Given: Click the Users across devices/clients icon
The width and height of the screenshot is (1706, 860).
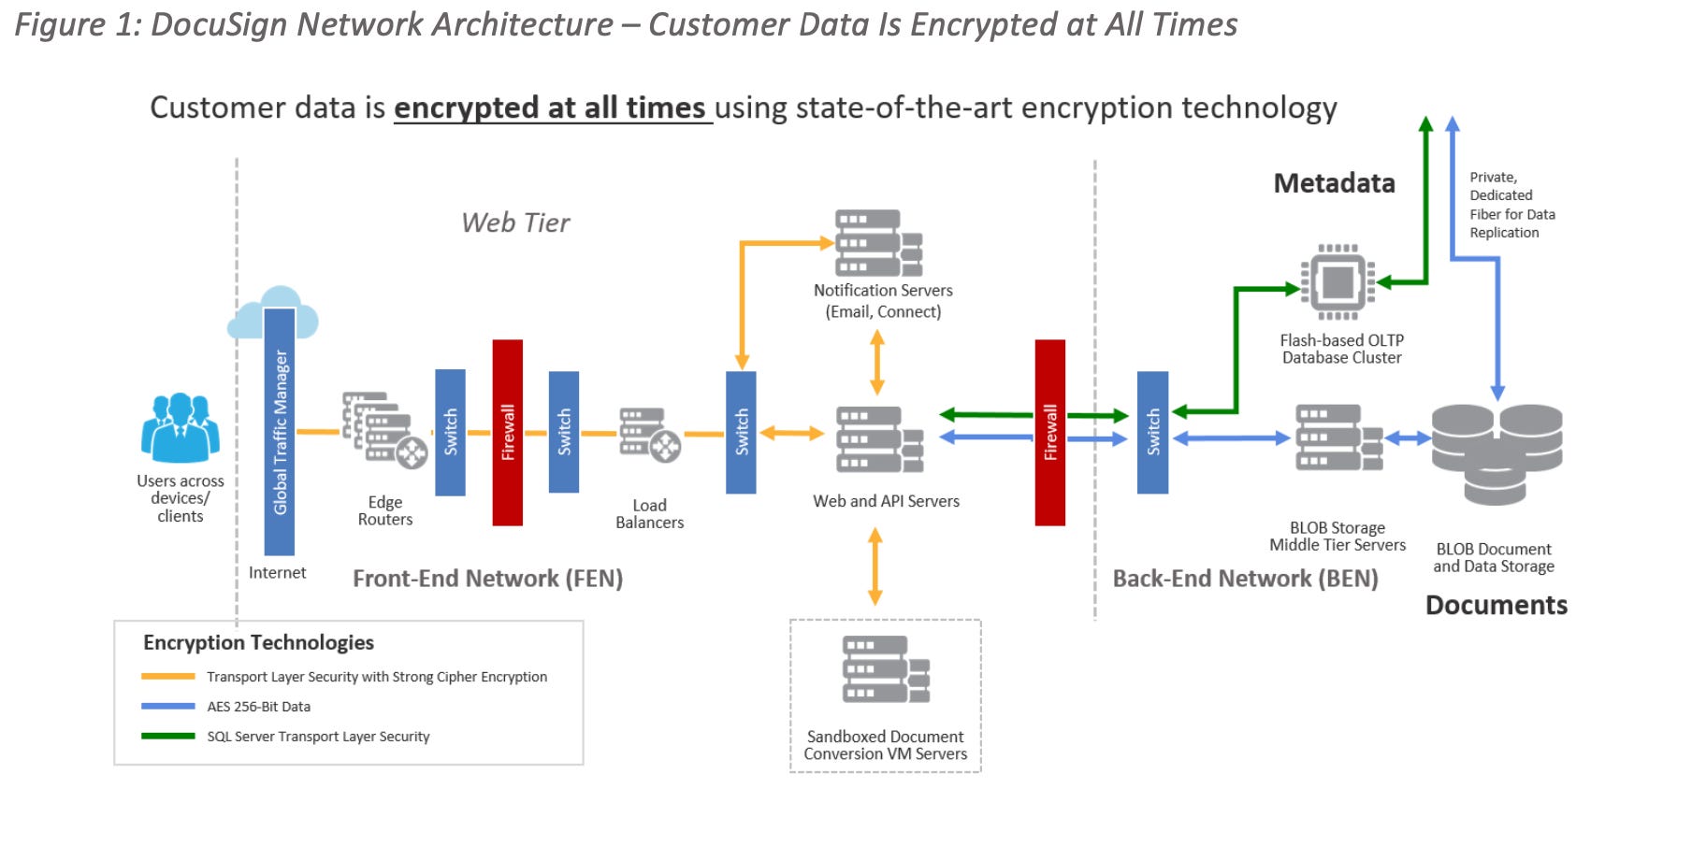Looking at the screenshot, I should point(181,428).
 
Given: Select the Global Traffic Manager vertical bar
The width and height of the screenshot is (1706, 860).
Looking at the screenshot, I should point(280,432).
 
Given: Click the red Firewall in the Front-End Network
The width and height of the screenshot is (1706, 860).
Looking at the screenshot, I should point(508,432).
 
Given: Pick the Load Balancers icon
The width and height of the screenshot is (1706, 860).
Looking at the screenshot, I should point(649,434).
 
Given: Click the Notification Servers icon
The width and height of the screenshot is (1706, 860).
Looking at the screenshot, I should point(878,243).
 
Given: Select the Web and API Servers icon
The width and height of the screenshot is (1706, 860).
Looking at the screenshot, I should point(879,439).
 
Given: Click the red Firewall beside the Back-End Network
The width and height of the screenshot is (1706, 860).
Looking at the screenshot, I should point(1050,432).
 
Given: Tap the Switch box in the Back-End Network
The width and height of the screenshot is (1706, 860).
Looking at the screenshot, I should point(1152,432).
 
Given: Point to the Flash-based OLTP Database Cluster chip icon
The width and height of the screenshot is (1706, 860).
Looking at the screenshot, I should point(1337,281).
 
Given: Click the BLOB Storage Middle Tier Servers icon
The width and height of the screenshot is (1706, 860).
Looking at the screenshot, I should point(1338,437).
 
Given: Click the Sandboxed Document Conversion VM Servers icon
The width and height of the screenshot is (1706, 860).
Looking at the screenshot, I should point(885,669).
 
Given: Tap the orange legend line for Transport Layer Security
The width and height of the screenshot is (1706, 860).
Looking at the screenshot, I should point(168,676).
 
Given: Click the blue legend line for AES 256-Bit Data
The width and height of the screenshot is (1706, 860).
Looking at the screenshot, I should point(168,706).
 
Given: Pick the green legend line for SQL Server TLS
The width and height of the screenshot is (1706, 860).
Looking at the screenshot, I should point(168,736).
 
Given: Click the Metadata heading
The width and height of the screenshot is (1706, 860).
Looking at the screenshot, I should point(1334,183).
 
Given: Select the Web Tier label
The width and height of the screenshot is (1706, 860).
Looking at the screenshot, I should point(515,222).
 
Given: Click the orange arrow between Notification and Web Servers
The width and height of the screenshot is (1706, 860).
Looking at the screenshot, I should point(877,363).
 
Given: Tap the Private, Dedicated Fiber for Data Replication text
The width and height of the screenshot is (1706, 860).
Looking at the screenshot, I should point(1511,205).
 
